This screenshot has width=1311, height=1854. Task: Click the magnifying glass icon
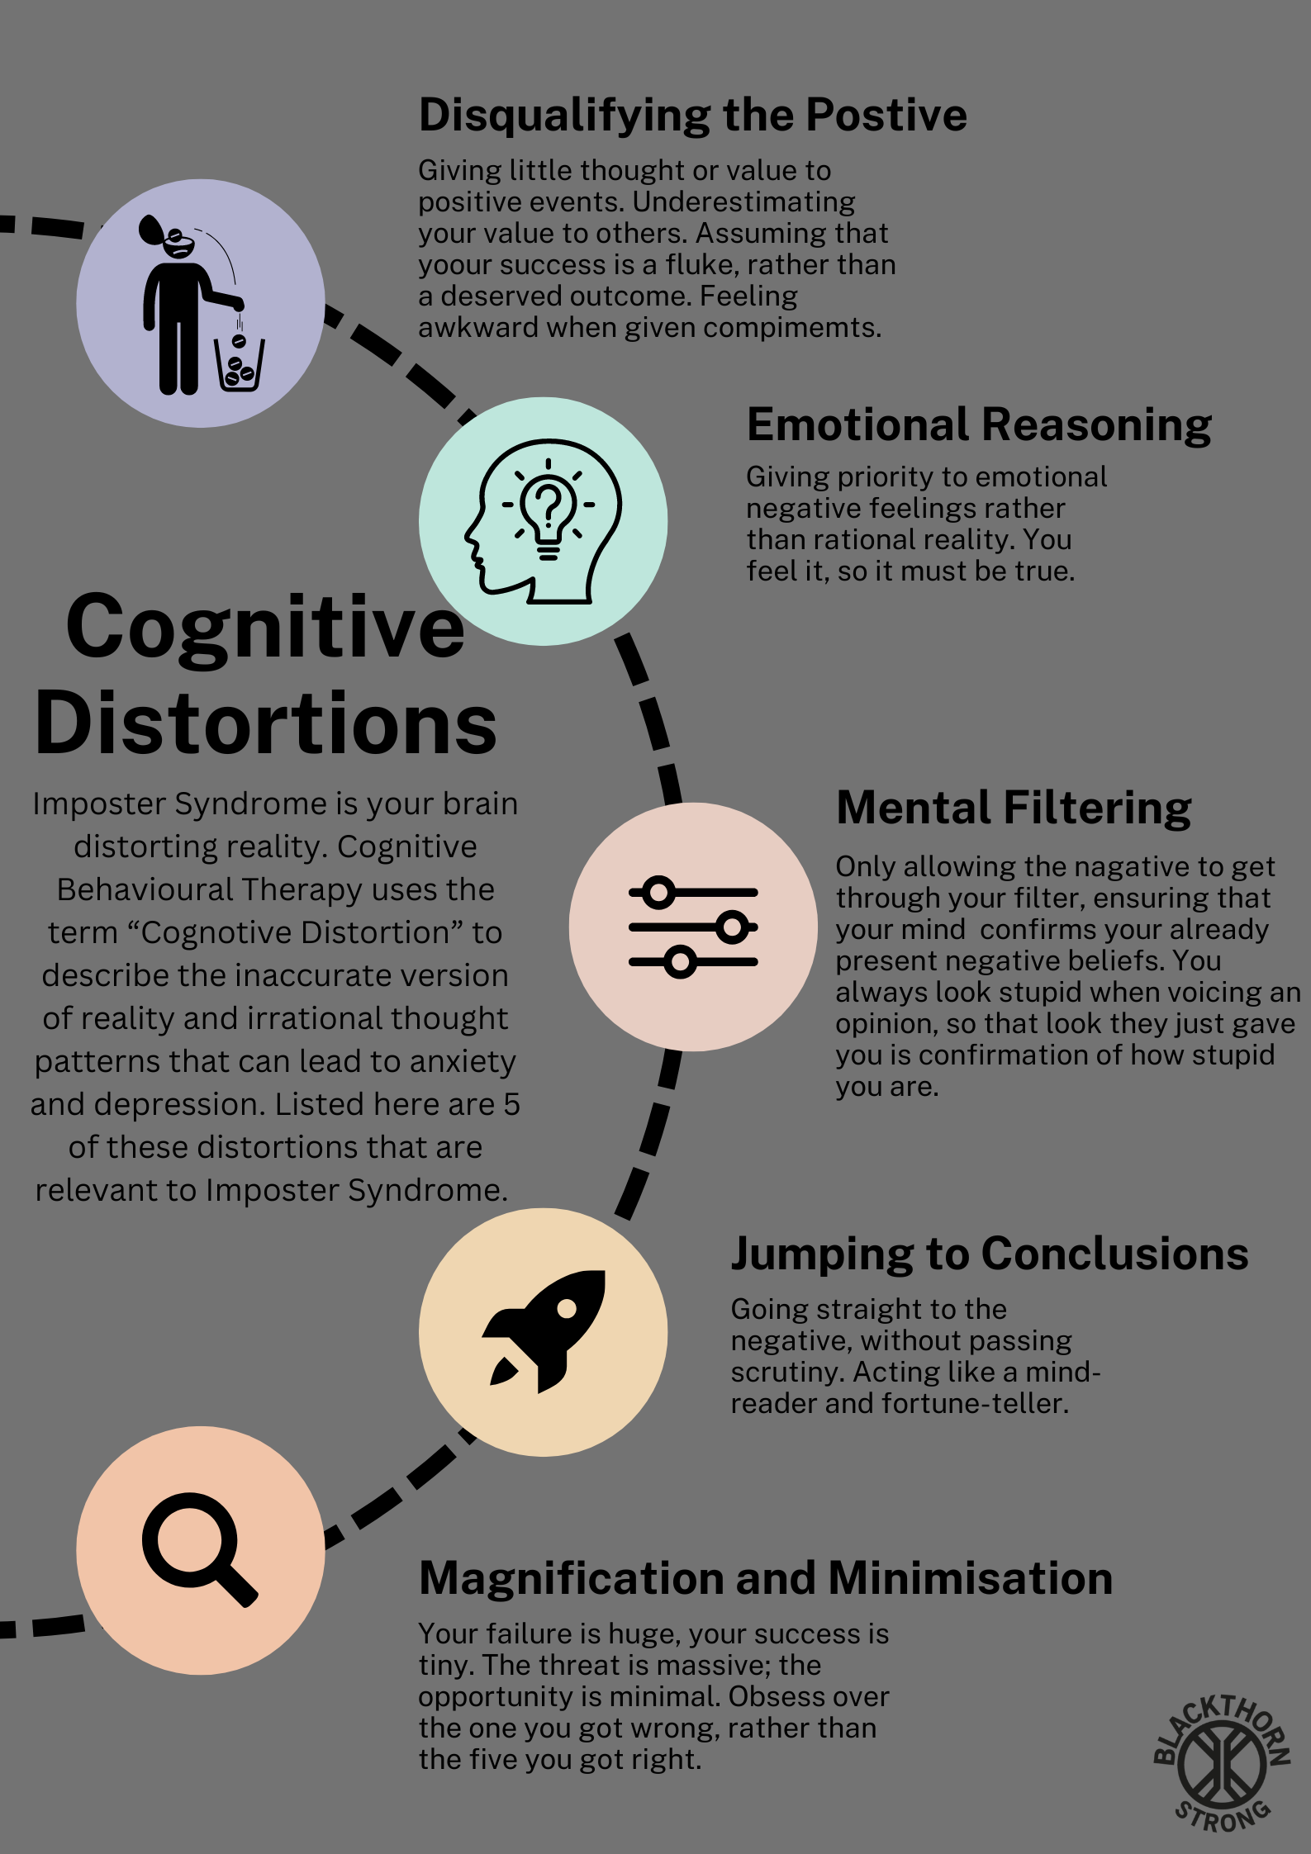pos(198,1548)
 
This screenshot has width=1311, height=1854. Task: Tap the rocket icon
pos(544,1330)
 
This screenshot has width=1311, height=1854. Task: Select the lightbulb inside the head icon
pos(549,508)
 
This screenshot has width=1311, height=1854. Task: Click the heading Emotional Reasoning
pos(979,424)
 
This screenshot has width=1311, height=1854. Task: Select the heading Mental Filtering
pos(1014,808)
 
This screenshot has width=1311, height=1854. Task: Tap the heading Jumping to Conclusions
pos(989,1254)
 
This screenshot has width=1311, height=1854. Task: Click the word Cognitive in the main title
pos(265,628)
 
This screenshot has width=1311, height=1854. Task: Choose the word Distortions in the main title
pos(265,723)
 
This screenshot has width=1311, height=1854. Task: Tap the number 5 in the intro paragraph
pos(511,1104)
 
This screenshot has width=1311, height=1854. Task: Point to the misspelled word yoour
pos(454,265)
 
